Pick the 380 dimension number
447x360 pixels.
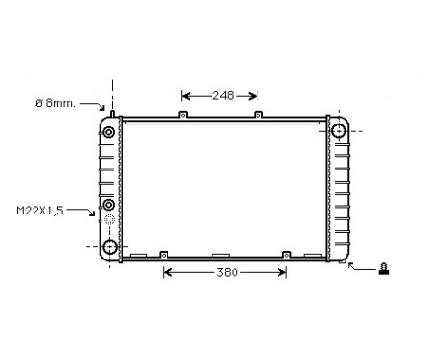[226, 273]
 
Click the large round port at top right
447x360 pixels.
[338, 130]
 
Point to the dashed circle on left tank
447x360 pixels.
[110, 223]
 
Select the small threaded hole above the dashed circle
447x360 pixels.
[109, 205]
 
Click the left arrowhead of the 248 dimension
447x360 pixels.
[185, 95]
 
